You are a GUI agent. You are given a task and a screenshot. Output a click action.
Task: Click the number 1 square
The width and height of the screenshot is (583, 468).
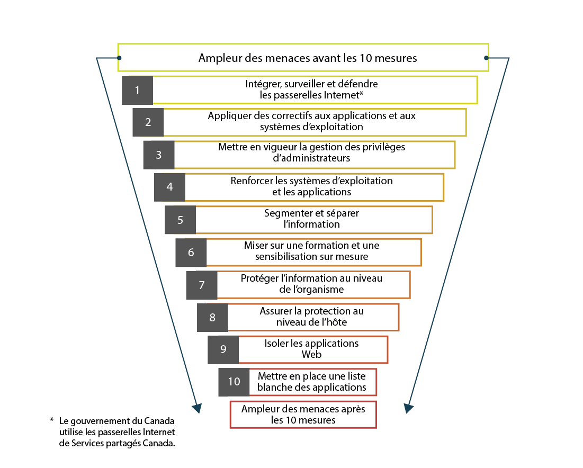[137, 90]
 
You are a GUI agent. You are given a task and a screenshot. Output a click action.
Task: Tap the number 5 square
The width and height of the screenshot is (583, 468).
[180, 220]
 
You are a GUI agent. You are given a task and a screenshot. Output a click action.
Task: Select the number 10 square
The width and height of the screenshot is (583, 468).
[234, 382]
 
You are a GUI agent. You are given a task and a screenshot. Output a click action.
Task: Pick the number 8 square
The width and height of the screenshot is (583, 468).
[212, 317]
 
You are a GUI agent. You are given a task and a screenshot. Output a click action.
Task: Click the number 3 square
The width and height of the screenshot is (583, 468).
[159, 155]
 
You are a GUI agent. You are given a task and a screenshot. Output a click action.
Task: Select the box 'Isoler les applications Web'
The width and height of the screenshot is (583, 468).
[312, 349]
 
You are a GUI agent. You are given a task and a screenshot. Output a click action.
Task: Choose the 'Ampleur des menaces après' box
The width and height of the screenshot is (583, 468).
[303, 415]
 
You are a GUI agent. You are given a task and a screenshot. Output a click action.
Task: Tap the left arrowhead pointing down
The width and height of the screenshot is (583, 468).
[196, 407]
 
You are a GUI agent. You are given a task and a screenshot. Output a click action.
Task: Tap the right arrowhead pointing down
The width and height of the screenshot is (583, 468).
[409, 407]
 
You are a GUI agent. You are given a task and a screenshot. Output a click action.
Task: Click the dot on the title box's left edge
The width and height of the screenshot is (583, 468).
[120, 58]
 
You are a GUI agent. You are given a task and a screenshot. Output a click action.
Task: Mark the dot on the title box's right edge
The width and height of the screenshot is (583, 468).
[486, 58]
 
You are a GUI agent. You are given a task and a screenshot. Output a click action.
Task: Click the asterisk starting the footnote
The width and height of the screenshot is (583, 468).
[52, 420]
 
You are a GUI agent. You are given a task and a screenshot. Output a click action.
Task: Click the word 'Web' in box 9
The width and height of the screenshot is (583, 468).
[311, 354]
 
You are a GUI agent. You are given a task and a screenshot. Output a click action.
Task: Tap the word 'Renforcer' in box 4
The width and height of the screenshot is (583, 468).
[251, 181]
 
